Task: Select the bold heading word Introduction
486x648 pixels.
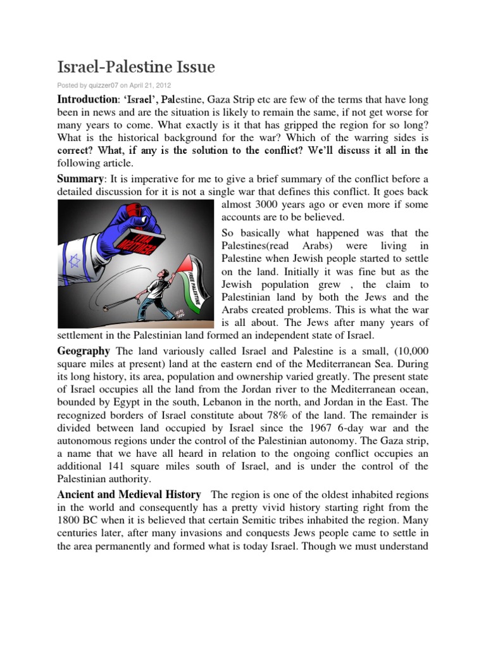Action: pyautogui.click(x=87, y=99)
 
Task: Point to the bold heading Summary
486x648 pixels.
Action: pyautogui.click(x=79, y=179)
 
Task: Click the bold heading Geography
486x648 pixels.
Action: pyautogui.click(x=84, y=351)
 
